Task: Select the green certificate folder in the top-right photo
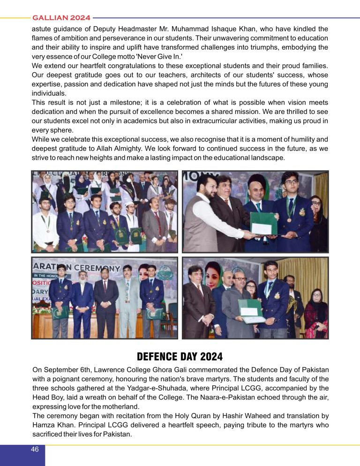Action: pyautogui.click(x=263, y=223)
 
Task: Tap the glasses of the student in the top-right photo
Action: pyautogui.click(x=291, y=182)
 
